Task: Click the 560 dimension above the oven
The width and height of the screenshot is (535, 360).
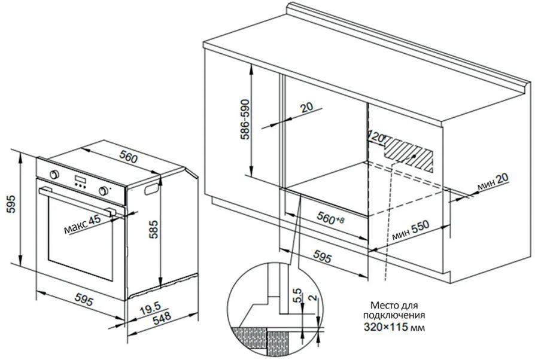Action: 128,157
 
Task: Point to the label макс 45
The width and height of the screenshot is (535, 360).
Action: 83,224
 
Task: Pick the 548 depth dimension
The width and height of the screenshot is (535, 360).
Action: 162,319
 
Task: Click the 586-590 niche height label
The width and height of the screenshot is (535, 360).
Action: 246,120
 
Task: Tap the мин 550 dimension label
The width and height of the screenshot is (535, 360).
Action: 411,231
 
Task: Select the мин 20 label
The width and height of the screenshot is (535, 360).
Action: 493,182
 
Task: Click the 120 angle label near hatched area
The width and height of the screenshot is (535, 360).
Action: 377,137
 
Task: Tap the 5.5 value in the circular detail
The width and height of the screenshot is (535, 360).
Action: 297,295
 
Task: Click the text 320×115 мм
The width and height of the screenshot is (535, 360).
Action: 394,327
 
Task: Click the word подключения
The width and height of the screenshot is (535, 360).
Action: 394,315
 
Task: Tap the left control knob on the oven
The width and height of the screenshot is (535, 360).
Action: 54,174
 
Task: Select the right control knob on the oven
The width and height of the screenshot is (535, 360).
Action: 104,191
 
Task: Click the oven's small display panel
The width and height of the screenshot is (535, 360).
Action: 81,179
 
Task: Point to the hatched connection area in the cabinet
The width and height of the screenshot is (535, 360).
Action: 409,154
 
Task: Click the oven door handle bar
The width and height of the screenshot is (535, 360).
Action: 75,200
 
